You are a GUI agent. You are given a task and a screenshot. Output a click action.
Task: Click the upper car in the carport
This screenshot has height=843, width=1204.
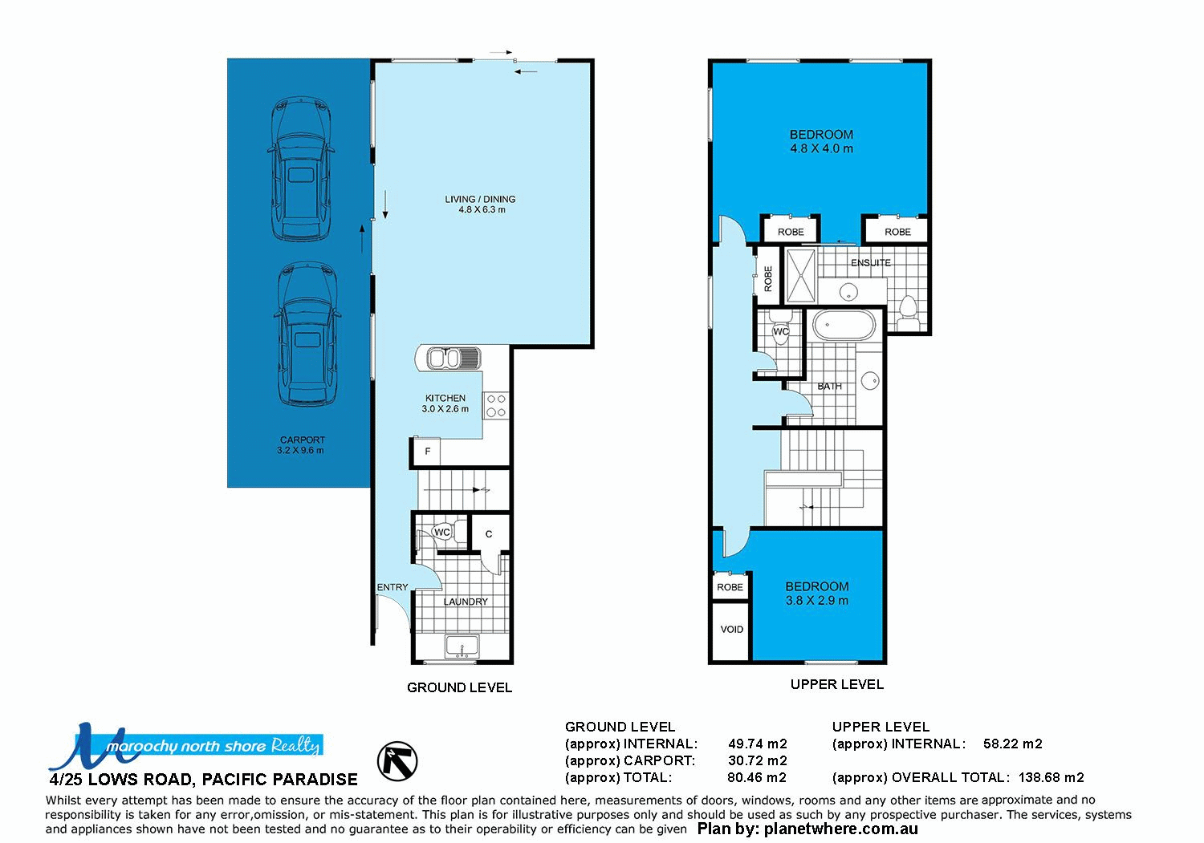click(301, 170)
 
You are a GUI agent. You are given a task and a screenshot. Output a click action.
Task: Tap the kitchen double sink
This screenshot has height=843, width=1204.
click(451, 358)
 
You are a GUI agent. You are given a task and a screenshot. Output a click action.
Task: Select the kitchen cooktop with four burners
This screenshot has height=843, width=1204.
click(495, 405)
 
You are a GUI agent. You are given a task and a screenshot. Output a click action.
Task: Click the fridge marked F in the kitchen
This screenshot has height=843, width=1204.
click(427, 451)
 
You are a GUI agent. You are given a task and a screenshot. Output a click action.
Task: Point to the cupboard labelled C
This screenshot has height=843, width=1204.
click(489, 534)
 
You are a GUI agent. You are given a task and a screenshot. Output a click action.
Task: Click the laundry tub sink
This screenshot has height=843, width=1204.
click(462, 646)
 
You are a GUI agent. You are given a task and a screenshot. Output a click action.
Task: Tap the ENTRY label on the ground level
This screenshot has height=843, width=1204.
click(393, 587)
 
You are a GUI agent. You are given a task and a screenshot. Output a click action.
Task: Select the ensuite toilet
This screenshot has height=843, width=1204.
click(908, 312)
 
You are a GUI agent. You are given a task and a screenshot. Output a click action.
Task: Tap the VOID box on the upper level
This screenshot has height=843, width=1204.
click(731, 630)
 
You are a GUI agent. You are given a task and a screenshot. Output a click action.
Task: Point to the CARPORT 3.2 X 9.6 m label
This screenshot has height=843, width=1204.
click(302, 445)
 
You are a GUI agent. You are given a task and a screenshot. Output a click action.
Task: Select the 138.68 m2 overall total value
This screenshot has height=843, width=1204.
click(1051, 777)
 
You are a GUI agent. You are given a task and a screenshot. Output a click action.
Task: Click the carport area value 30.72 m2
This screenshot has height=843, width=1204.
click(757, 760)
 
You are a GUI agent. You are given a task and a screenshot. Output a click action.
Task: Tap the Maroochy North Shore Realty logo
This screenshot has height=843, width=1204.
click(185, 746)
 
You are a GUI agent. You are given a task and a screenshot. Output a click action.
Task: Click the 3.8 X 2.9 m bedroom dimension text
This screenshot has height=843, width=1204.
click(816, 601)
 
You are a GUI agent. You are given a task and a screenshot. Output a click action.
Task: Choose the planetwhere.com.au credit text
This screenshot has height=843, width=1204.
click(807, 829)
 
